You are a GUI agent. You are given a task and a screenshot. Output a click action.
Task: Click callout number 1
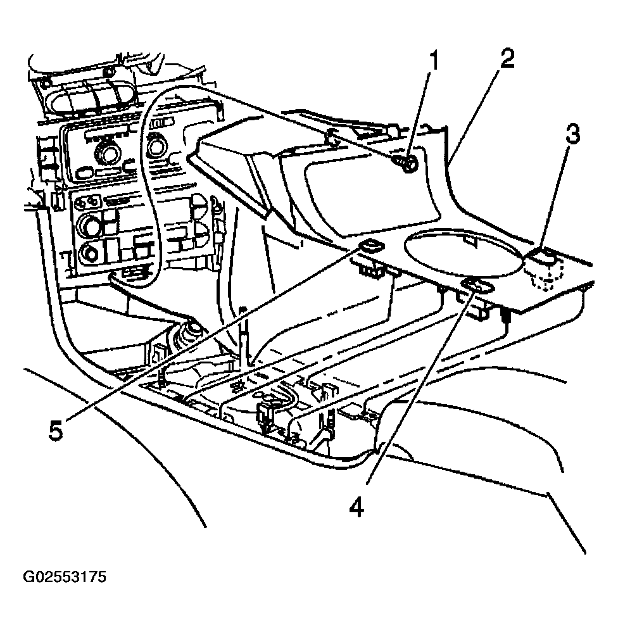tap(432, 61)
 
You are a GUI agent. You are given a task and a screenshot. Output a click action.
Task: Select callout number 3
tap(572, 134)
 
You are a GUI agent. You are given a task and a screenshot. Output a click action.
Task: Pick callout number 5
tap(56, 431)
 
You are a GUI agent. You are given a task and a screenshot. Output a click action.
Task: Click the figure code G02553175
tap(65, 577)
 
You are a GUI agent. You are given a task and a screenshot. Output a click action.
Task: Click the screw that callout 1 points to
tap(407, 164)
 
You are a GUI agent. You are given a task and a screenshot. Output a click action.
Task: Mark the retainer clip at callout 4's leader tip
tap(478, 286)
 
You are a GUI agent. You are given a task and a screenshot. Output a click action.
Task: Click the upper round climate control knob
tap(90, 224)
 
